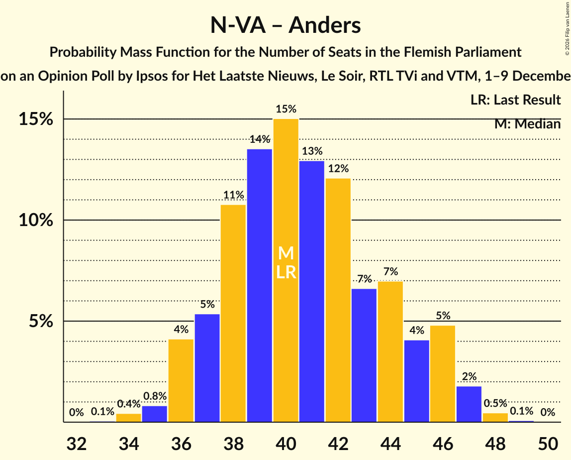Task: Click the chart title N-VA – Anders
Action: pos(285,25)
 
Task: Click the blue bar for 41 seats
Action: pos(312,291)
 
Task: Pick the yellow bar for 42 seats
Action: pos(338,300)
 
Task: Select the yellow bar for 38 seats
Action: pos(233,314)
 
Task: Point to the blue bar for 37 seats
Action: pos(207,368)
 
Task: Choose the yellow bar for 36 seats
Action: pos(181,380)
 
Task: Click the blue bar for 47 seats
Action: pos(469,404)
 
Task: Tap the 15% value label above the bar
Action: pos(285,109)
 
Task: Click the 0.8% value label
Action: pos(155,396)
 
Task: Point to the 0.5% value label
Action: pos(495,403)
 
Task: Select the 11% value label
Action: pos(233,195)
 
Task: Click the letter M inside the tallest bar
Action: pos(285,253)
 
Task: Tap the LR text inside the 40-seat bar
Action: pos(285,272)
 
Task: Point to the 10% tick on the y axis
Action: pos(35,220)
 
